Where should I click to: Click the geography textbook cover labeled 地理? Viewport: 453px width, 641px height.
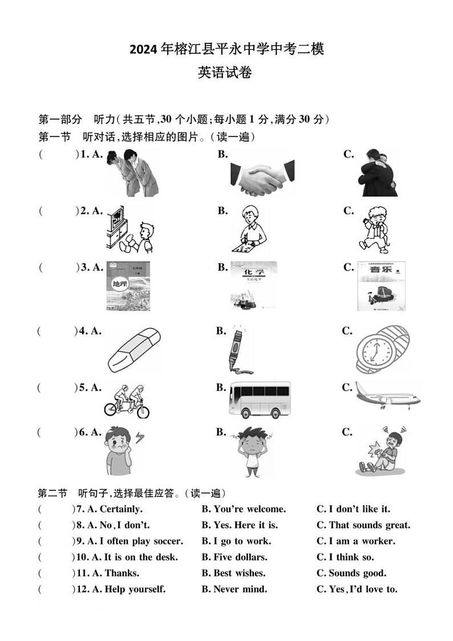click(x=128, y=286)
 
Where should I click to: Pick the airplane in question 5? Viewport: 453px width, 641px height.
click(x=387, y=395)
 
